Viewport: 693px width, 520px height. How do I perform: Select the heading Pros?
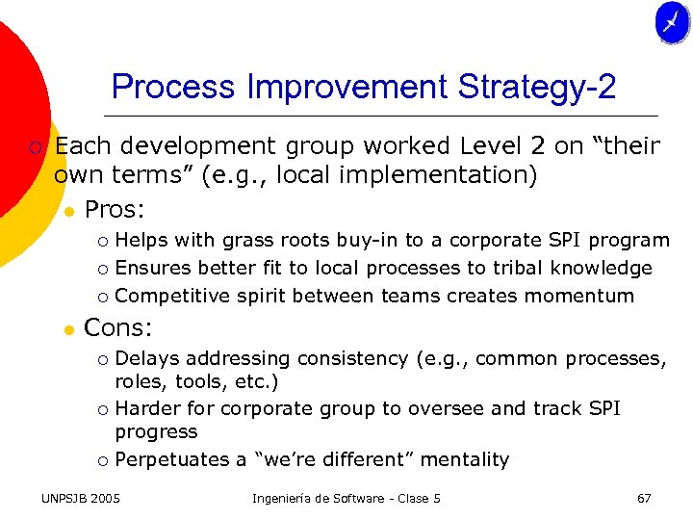(x=115, y=209)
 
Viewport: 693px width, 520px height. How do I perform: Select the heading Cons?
(x=118, y=327)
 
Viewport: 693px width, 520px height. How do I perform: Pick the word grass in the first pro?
(x=247, y=241)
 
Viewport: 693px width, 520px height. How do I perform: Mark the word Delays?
(x=147, y=359)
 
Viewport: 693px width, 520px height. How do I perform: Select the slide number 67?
(x=644, y=499)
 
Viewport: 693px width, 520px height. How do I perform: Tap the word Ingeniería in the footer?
(x=286, y=499)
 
